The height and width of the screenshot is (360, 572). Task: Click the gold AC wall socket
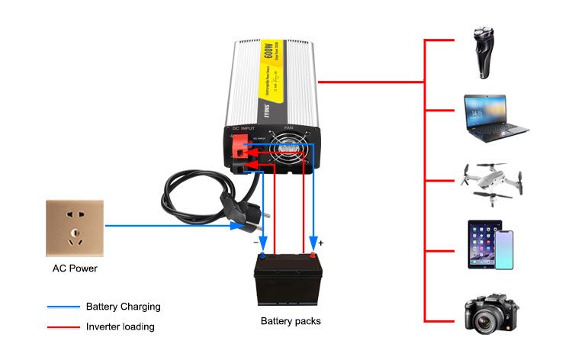(x=75, y=227)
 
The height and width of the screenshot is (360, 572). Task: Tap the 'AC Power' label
(x=75, y=268)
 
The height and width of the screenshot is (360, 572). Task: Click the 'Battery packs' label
(x=291, y=321)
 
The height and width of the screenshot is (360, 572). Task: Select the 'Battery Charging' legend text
(x=123, y=307)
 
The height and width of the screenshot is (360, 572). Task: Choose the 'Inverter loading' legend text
(x=120, y=326)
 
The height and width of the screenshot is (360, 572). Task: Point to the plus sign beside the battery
(x=321, y=243)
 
